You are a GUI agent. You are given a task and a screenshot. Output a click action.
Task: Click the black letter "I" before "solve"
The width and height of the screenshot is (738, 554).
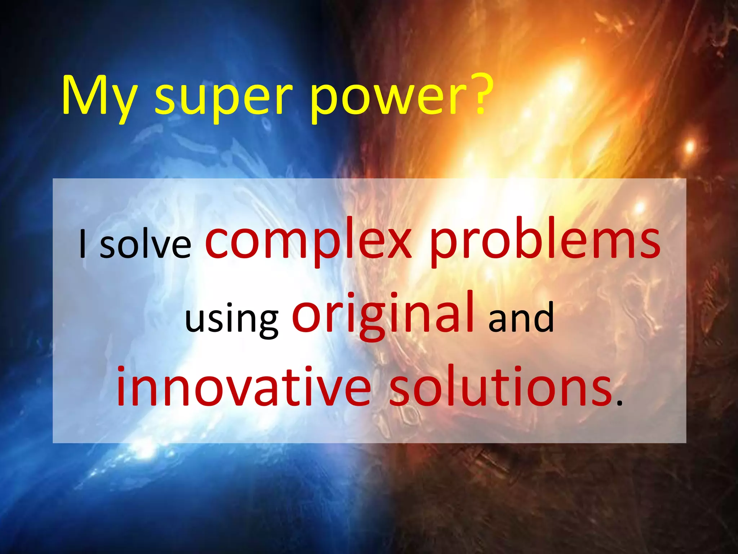coord(83,243)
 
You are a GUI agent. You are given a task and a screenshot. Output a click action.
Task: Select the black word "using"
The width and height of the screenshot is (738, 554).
coord(232,319)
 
